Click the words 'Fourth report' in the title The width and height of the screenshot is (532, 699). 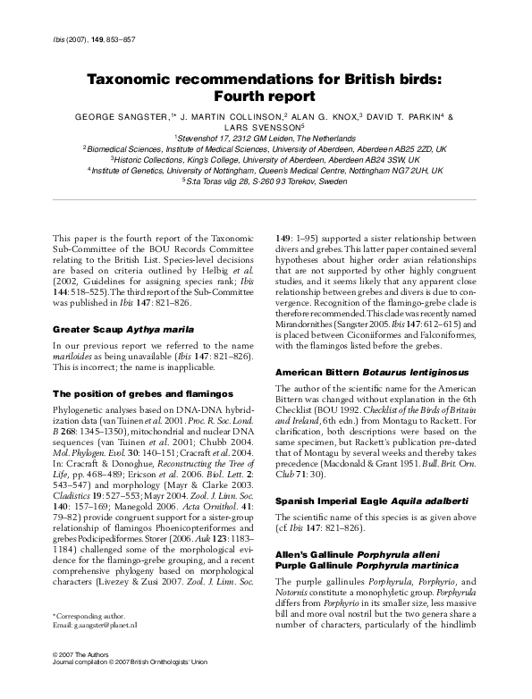tap(266, 96)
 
